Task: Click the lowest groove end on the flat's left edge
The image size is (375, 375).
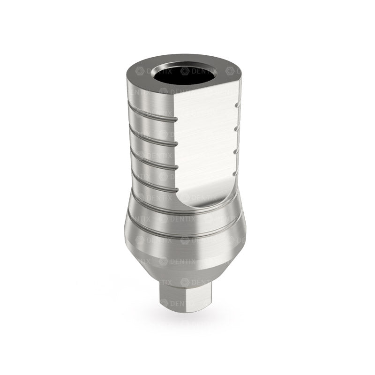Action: [x=176, y=187]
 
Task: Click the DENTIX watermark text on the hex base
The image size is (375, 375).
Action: [x=190, y=304]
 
